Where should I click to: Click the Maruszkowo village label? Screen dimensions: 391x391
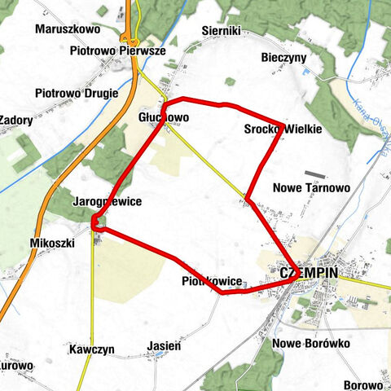pyautogui.click(x=67, y=29)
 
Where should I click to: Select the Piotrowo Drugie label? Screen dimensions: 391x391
pyautogui.click(x=77, y=93)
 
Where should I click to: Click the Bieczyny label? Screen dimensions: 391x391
pyautogui.click(x=284, y=59)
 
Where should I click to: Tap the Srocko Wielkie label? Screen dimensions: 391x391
pyautogui.click(x=283, y=130)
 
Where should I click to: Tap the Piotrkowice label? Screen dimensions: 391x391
pyautogui.click(x=212, y=282)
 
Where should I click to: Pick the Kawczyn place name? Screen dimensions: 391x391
pyautogui.click(x=91, y=349)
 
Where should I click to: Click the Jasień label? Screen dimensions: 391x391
pyautogui.click(x=164, y=346)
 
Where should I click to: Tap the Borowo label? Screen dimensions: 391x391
pyautogui.click(x=363, y=384)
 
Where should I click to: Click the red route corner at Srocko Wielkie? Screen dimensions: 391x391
pyautogui.click(x=283, y=125)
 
